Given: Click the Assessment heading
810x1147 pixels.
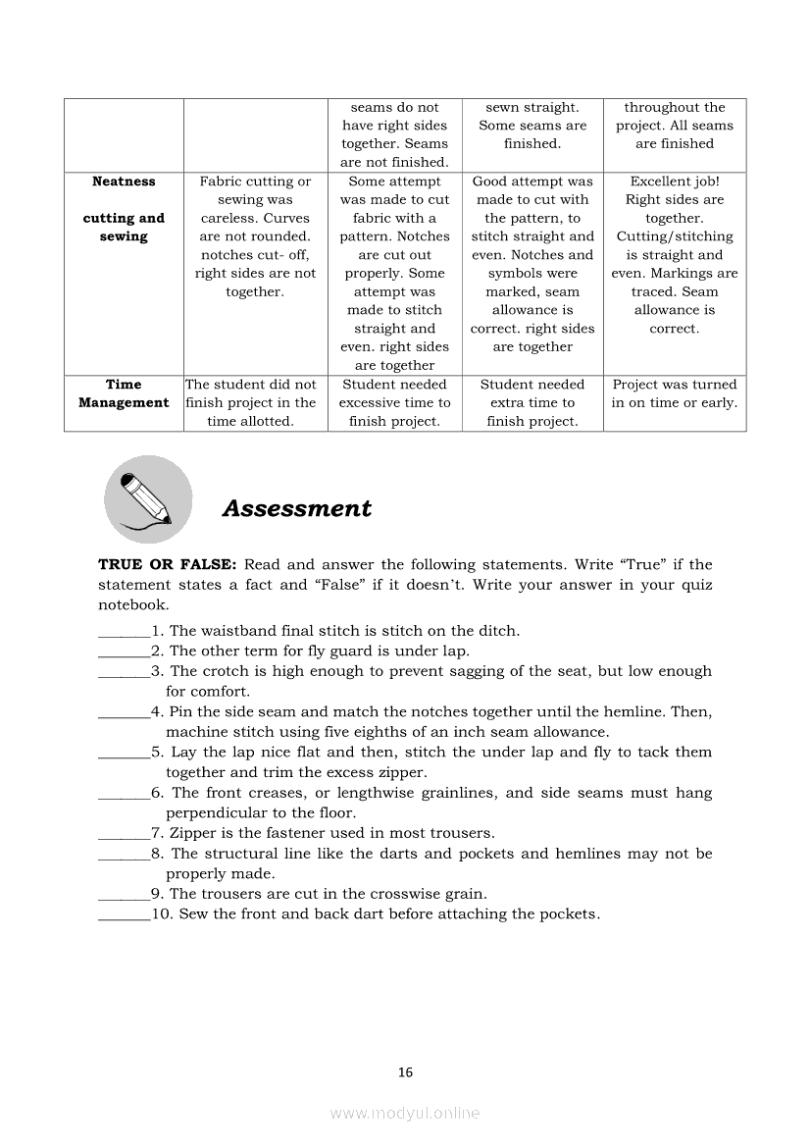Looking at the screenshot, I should click(296, 508).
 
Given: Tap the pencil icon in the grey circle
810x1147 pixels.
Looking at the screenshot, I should click(147, 499).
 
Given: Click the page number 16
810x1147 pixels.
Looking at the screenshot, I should click(405, 1072).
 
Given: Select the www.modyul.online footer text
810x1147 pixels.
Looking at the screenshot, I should click(405, 1113).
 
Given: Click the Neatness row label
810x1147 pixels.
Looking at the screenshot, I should click(124, 182).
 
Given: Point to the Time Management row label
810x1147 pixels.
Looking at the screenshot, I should click(124, 393).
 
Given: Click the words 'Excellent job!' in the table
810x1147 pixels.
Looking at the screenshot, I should click(675, 182).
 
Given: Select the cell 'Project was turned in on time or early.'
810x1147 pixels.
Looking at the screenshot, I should click(675, 393).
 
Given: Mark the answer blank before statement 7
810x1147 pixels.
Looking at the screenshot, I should click(124, 835).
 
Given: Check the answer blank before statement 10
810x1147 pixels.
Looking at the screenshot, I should click(124, 915).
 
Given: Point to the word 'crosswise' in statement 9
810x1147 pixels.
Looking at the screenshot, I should click(367, 894).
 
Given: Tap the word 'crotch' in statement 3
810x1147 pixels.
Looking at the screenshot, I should click(228, 671).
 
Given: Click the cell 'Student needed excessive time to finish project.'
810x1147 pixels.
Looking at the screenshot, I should click(394, 402).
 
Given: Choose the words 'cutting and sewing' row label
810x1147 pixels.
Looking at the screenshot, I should click(124, 228).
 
